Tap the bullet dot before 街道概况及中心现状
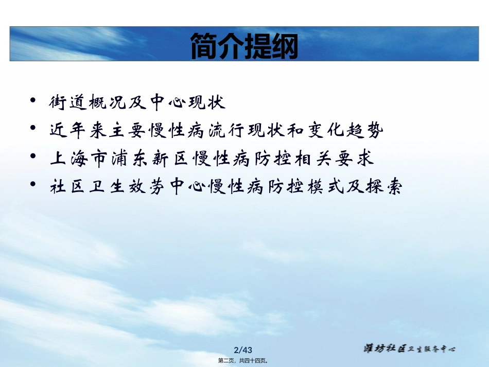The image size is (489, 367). [x=33, y=99]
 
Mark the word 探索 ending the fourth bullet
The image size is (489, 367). [x=383, y=186]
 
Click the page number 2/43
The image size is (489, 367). [x=244, y=347]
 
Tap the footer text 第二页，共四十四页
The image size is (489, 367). [x=244, y=361]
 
